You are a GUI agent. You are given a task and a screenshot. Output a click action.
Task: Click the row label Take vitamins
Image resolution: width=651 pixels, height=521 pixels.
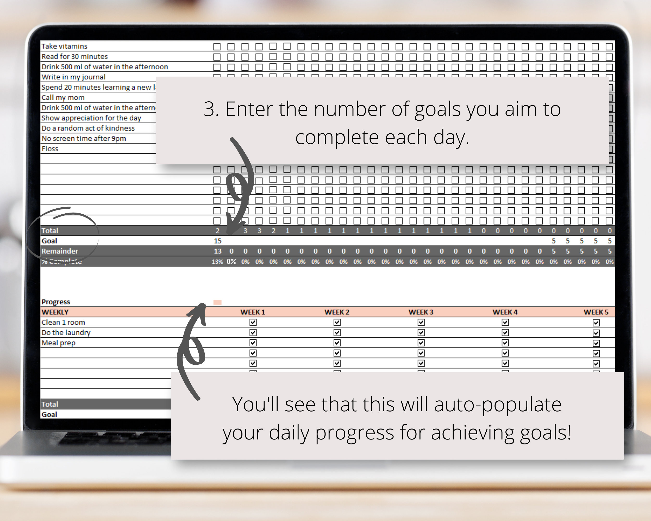[64, 46]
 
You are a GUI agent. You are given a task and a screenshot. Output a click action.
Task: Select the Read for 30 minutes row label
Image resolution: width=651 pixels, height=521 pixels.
[74, 57]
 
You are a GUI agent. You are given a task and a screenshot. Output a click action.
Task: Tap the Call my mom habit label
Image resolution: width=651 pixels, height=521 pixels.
[63, 97]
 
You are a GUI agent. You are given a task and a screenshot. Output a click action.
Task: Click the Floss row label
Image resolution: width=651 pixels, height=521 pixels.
[50, 148]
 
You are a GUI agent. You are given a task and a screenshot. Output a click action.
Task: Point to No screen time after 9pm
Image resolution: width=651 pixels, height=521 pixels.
[84, 138]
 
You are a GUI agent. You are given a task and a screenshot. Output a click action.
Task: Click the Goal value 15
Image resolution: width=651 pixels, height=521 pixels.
[217, 241]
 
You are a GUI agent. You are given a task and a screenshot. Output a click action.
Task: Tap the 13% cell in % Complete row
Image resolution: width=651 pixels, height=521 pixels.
[217, 262]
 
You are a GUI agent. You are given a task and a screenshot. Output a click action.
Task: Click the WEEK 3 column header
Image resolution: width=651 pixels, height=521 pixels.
[421, 312]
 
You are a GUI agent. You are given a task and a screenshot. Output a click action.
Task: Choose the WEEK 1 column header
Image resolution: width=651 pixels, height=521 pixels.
[253, 312]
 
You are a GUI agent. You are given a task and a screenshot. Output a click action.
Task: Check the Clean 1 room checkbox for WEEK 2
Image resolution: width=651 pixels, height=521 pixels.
[337, 322]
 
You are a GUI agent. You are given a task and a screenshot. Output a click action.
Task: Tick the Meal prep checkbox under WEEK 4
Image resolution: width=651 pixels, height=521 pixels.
[505, 343]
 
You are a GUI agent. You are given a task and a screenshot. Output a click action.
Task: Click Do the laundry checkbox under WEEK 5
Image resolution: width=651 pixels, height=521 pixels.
[596, 333]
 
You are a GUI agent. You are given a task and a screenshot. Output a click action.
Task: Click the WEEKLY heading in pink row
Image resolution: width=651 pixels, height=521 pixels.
[55, 312]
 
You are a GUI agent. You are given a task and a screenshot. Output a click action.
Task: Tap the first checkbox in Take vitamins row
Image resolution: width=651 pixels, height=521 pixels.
[217, 47]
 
